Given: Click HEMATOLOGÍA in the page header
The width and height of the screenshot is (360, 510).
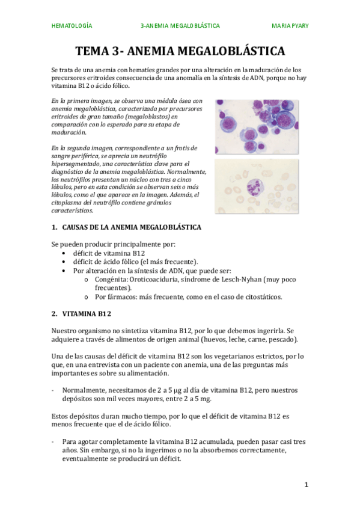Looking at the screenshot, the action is pyautogui.click(x=72, y=26).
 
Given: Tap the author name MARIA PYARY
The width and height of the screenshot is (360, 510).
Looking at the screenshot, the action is pyautogui.click(x=290, y=26).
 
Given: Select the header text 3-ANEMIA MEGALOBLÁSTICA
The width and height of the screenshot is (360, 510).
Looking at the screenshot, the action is pyautogui.click(x=180, y=26).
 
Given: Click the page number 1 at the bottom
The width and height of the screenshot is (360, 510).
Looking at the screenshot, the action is pyautogui.click(x=306, y=484).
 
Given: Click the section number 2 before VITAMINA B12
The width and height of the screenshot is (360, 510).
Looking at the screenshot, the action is pyautogui.click(x=53, y=313).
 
